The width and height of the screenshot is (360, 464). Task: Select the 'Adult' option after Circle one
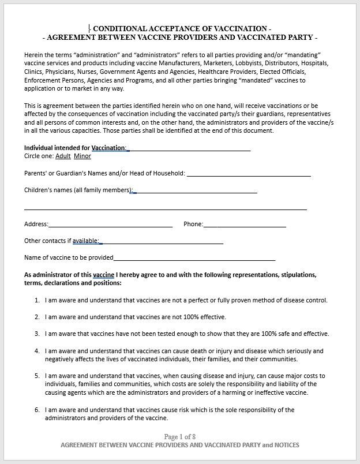pos(63,156)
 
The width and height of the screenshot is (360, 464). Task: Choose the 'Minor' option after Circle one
pos(82,156)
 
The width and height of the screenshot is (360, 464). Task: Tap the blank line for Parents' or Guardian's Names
pos(249,174)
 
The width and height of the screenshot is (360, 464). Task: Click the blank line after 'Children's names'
pos(196,190)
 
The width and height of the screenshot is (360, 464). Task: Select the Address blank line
pos(110,224)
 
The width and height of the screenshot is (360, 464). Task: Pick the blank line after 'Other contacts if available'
pos(162,241)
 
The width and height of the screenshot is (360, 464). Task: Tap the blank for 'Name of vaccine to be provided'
pos(194,258)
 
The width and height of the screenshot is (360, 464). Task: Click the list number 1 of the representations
pos(37,300)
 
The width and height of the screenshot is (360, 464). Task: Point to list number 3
pos(37,334)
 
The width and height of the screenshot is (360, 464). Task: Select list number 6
pos(37,410)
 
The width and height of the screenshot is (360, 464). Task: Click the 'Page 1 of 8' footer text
pos(180,436)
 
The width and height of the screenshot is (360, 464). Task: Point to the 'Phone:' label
pos(193,224)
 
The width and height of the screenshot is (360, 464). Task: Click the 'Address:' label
pos(36,224)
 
